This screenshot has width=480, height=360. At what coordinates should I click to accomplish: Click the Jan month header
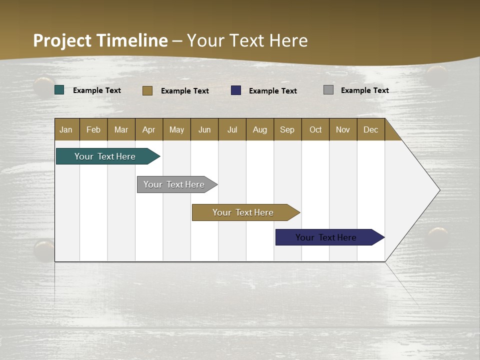click(x=66, y=129)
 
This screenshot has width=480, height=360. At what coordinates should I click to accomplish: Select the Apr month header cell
click(x=149, y=129)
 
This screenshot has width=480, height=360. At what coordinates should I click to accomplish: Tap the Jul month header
click(x=232, y=129)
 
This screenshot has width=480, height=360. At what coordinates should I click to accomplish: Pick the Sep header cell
click(x=287, y=129)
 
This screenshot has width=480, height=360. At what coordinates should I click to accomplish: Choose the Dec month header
click(x=370, y=129)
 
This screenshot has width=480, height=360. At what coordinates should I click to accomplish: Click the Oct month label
click(x=315, y=129)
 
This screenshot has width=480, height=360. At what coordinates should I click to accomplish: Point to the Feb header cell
click(x=93, y=129)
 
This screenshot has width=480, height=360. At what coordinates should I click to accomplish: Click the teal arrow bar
click(x=105, y=156)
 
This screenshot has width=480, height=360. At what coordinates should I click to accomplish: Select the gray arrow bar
click(x=174, y=184)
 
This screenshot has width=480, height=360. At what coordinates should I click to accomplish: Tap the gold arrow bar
click(x=243, y=212)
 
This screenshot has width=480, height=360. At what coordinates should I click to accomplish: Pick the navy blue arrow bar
click(x=326, y=237)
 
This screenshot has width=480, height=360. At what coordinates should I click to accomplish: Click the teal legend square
click(x=59, y=90)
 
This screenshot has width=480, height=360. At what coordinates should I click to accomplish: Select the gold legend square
click(x=147, y=90)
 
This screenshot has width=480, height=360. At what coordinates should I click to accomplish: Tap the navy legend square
click(x=236, y=90)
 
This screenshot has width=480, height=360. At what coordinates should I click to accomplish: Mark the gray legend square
click(x=328, y=90)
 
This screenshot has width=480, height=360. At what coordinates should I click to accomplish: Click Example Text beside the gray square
click(x=364, y=90)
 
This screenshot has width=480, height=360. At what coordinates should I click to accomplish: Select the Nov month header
click(x=343, y=129)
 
